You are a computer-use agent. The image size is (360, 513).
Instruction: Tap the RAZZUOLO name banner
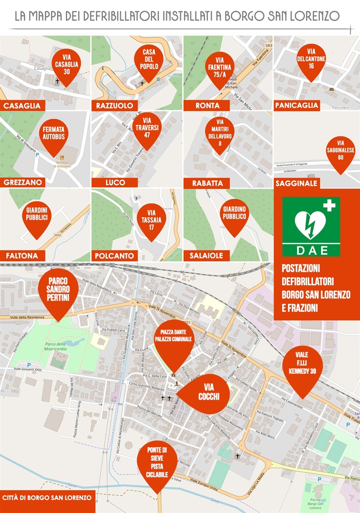(x=114, y=106)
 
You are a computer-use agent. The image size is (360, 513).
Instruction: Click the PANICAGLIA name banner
(x=297, y=106)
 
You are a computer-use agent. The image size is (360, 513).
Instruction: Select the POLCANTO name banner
(x=115, y=256)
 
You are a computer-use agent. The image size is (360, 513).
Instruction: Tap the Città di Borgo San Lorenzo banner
(x=47, y=498)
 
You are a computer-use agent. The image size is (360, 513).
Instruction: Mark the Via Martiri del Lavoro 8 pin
(x=220, y=131)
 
